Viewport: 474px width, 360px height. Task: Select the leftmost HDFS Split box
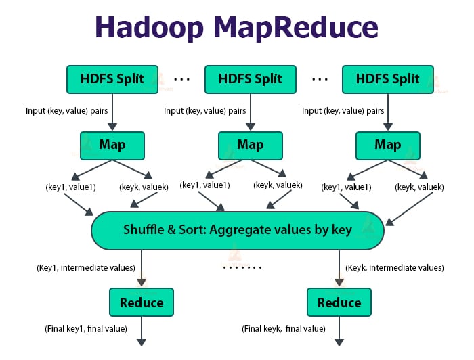click(x=112, y=79)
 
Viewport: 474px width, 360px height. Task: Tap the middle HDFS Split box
click(x=251, y=79)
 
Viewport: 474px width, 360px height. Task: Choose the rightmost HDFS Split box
click(x=388, y=79)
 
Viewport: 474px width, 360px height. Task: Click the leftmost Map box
click(x=112, y=145)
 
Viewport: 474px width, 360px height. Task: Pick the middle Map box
click(x=251, y=145)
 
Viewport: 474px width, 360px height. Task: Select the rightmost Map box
click(x=388, y=145)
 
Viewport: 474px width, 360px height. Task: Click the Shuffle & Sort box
click(x=237, y=230)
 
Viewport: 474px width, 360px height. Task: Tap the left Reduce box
click(x=142, y=302)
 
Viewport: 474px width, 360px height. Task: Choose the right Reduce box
click(x=339, y=302)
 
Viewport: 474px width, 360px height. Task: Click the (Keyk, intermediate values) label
click(x=395, y=268)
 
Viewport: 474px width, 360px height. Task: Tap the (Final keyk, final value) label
click(x=284, y=329)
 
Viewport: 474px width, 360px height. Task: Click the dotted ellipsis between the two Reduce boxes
click(x=241, y=268)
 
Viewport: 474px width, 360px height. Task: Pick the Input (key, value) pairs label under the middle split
click(x=205, y=110)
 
